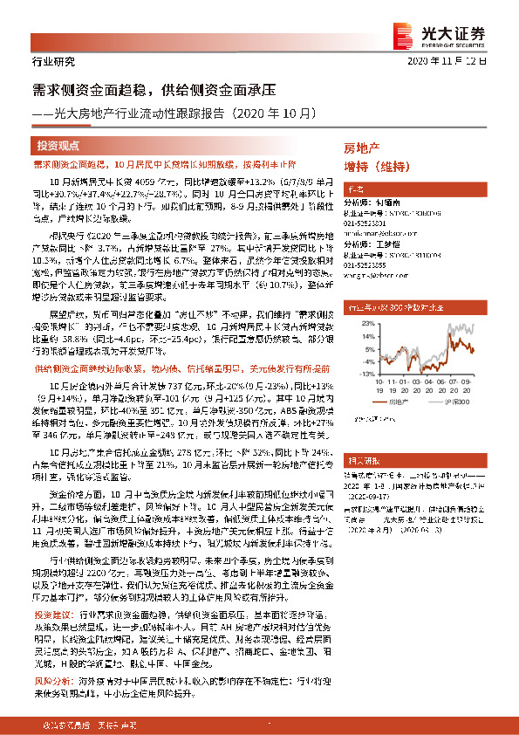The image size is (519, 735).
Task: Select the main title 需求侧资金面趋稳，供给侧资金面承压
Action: [154, 90]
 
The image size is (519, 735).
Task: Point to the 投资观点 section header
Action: [58, 146]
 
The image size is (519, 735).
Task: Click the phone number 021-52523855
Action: [365, 265]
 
